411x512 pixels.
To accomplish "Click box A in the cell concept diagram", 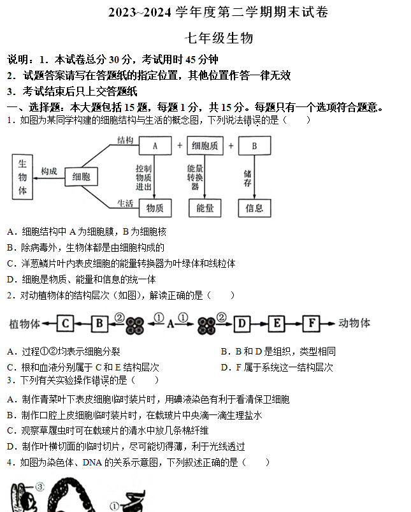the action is (155, 145).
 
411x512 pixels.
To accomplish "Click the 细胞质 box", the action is (205, 145).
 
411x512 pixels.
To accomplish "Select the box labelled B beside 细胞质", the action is (255, 145).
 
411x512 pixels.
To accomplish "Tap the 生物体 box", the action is (22, 177).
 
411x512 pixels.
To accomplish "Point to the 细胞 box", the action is (82, 177).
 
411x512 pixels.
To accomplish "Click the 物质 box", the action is (155, 208).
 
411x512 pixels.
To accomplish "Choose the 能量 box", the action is (205, 208).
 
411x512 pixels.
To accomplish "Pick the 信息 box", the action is (255, 208).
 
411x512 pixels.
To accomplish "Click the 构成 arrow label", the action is (49, 171).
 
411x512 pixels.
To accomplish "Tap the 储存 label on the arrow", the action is (247, 178).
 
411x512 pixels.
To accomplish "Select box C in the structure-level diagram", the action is (65, 323).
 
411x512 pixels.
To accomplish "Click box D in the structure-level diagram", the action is (242, 324).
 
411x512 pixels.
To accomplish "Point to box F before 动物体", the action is (312, 323).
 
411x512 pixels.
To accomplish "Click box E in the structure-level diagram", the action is (277, 323).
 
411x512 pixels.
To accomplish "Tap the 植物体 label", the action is (24, 324).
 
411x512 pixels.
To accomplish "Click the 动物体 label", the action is (354, 323).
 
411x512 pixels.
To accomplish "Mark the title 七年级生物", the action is (219, 38).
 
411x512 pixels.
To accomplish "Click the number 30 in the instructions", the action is (114, 59).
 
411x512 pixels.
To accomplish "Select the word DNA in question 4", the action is (92, 462).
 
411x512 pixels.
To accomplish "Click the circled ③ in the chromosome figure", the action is (40, 487).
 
